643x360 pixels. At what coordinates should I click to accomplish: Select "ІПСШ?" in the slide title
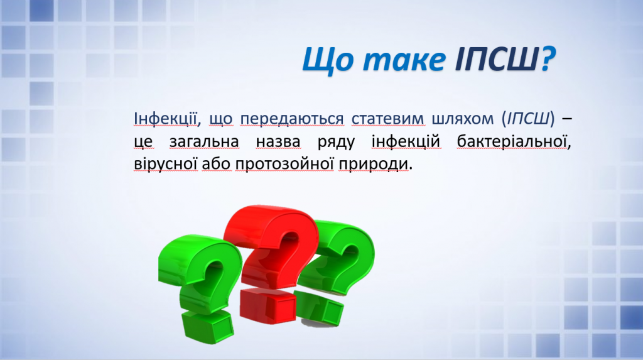coord(504,60)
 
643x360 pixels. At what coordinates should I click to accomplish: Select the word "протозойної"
coord(286,165)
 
